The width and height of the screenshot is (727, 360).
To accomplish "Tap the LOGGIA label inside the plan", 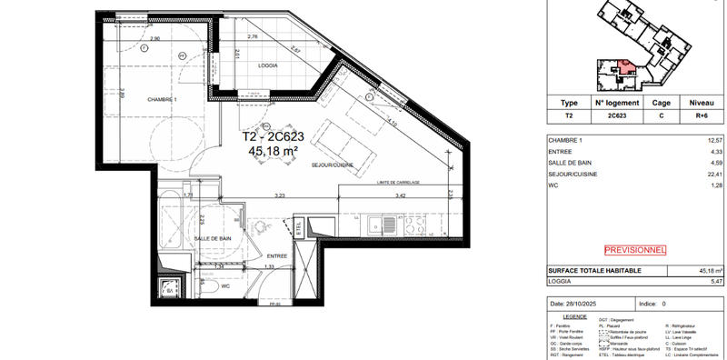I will [268, 65].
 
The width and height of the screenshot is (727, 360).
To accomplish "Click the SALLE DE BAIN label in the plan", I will [212, 238].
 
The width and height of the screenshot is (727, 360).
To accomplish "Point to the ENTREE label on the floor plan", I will [277, 256].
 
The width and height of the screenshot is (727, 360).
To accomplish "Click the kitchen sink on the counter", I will [387, 221].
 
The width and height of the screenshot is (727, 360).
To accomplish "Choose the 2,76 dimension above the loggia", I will [254, 36].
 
